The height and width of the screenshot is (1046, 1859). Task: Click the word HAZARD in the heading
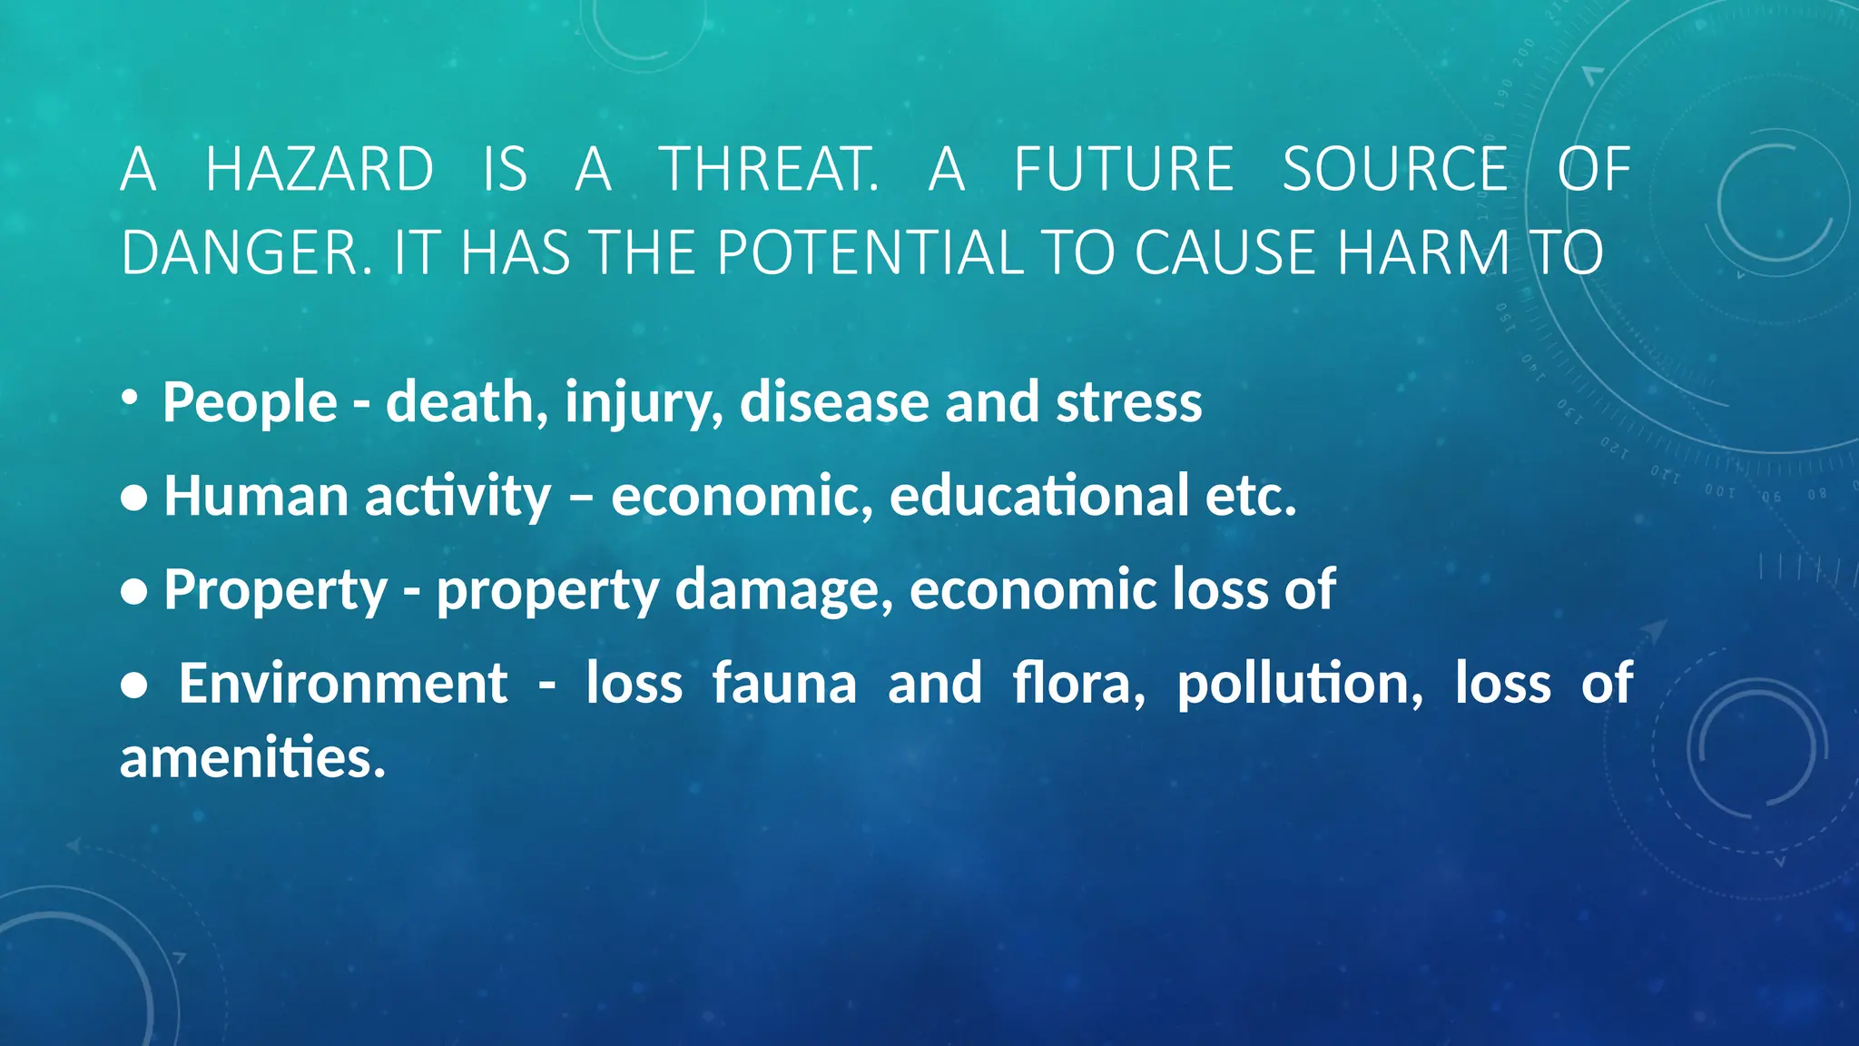(x=320, y=170)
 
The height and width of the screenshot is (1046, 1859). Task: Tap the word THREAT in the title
(x=767, y=170)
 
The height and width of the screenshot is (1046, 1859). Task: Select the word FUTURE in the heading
(x=1124, y=170)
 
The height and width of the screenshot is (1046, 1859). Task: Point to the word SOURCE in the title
(x=1395, y=170)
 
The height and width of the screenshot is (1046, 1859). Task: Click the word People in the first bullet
(x=250, y=402)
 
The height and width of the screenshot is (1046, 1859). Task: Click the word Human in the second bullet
(x=256, y=497)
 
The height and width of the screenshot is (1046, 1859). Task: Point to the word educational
(x=1038, y=497)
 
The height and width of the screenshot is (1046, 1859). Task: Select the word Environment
(x=343, y=684)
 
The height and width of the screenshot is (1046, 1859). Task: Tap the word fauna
(x=784, y=684)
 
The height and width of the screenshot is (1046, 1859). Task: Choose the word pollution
(x=1300, y=684)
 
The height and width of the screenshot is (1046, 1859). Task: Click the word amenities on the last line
(x=252, y=758)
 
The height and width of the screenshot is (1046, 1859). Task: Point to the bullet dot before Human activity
(x=133, y=498)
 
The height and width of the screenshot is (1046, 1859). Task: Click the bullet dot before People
(x=130, y=397)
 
